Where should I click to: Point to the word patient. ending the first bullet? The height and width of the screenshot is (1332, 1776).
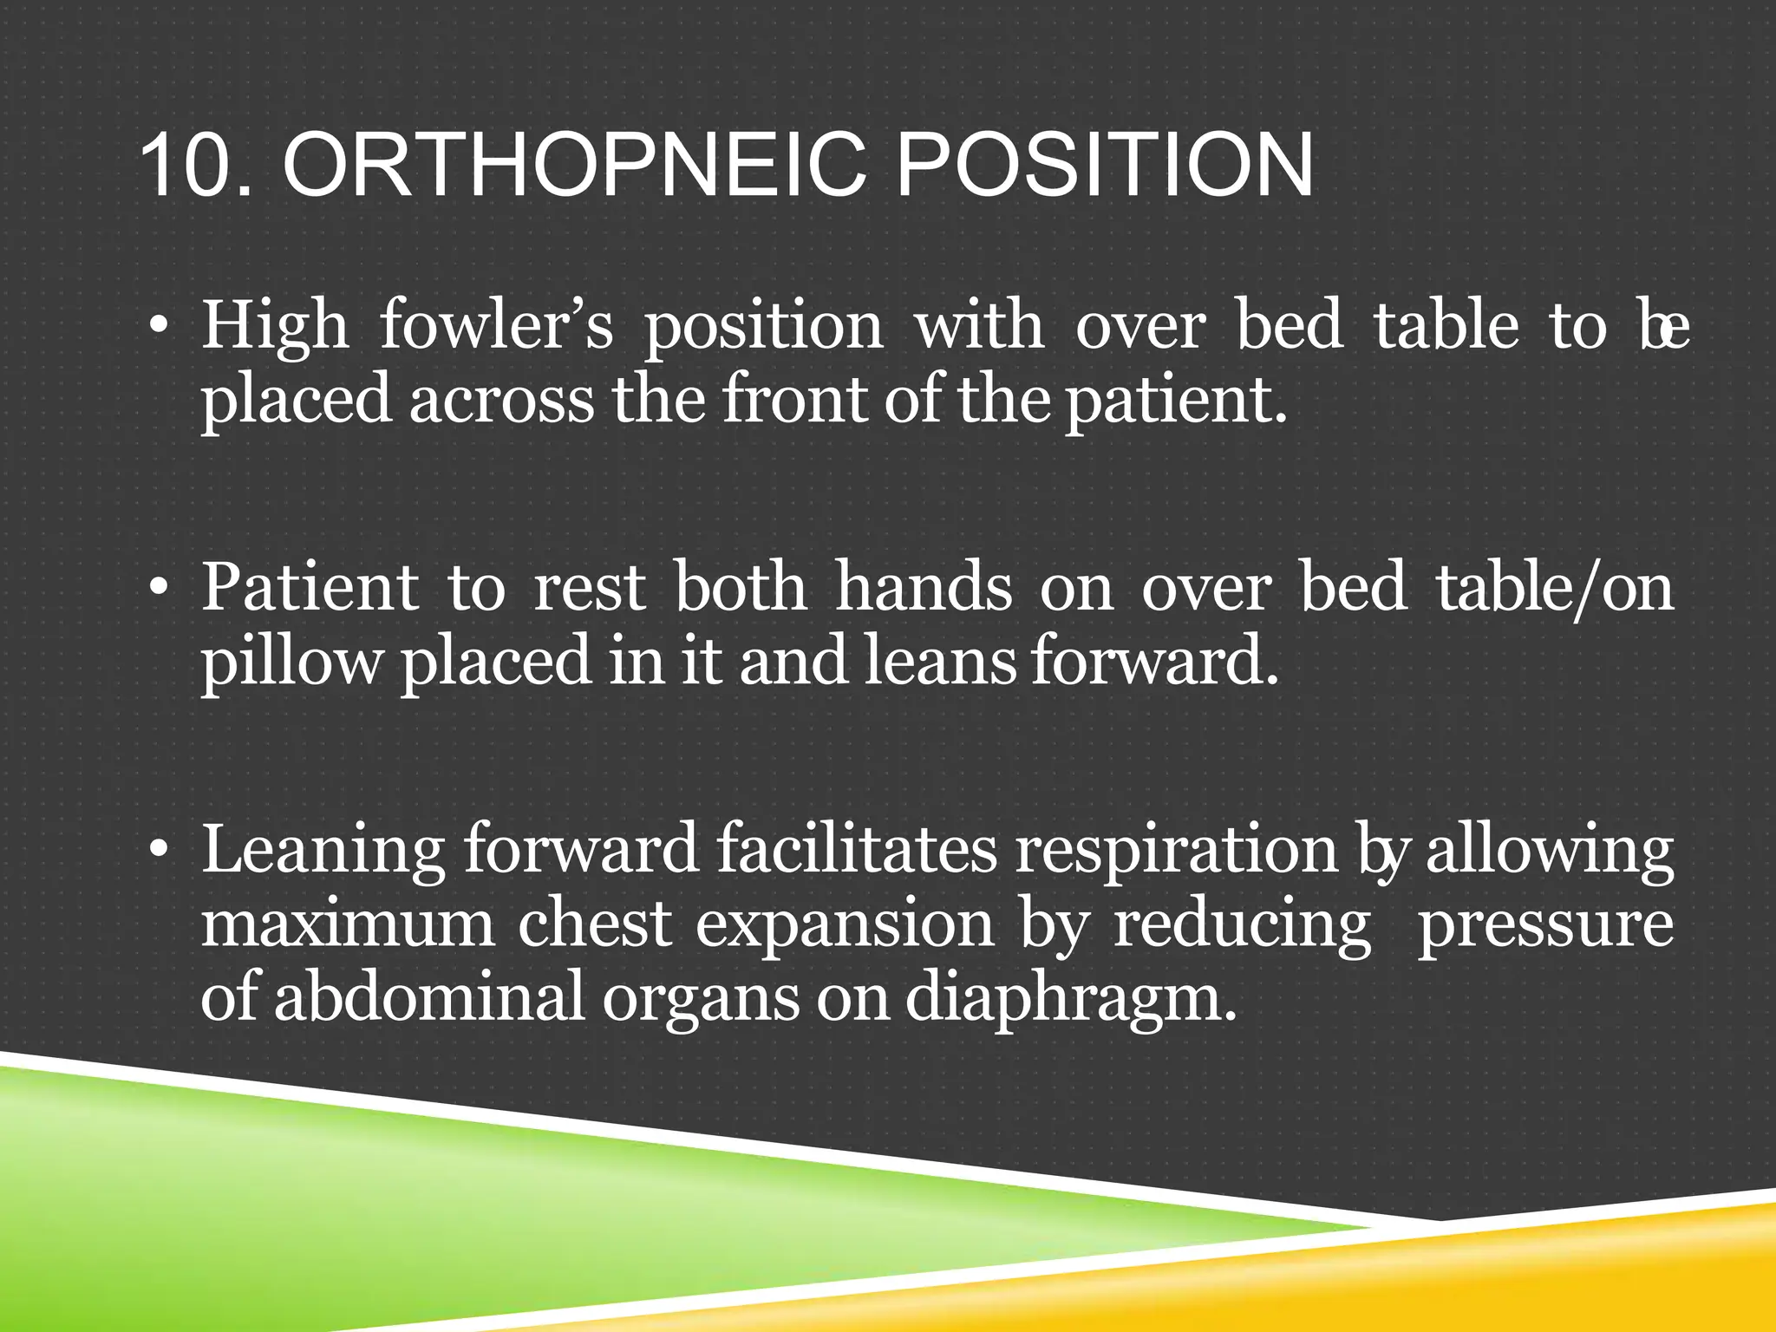1175,402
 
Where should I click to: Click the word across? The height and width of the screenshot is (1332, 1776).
501,402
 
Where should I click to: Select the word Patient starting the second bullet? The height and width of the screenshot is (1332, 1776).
310,588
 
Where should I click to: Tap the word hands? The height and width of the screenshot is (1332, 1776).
924,588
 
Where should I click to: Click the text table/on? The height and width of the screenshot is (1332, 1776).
1554,588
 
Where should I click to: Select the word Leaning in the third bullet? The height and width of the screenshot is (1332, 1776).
323,852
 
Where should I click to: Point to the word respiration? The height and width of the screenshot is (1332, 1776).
1176,852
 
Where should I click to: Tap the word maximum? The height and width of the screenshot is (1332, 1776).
347,924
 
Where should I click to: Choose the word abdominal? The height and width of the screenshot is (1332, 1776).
429,997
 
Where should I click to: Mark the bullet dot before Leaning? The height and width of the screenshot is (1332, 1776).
157,852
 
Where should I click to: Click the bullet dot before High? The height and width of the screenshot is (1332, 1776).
157,328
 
